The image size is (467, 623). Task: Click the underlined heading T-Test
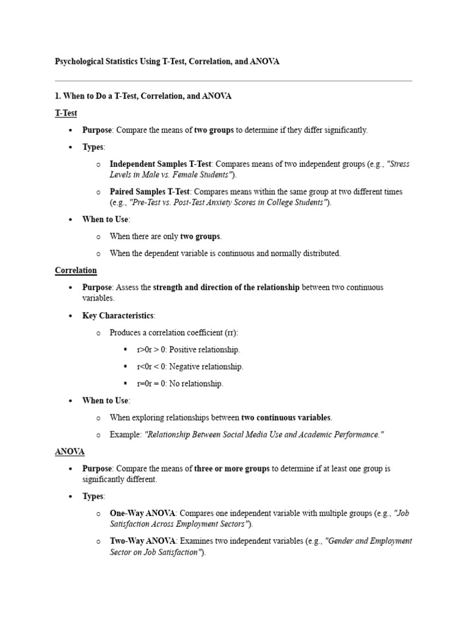pyautogui.click(x=66, y=113)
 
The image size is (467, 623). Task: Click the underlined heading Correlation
pyautogui.click(x=75, y=270)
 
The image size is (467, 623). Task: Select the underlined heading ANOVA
pyautogui.click(x=69, y=452)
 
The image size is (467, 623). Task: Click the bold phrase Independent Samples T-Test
pyautogui.click(x=160, y=164)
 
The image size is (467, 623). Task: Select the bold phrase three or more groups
pyautogui.click(x=232, y=468)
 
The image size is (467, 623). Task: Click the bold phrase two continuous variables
pyautogui.click(x=286, y=417)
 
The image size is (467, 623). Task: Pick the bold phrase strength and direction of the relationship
pyautogui.click(x=226, y=287)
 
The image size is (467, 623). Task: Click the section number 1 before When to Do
pyautogui.click(x=57, y=96)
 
